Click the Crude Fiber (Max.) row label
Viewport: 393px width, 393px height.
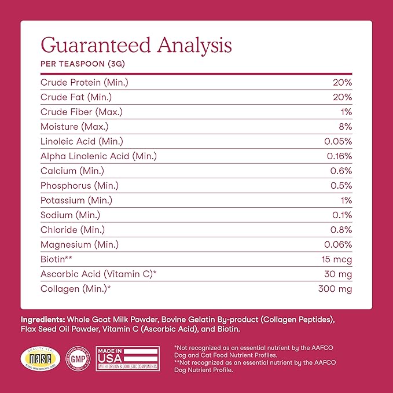[x=81, y=112]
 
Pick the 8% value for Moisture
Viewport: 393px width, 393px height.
[x=346, y=127]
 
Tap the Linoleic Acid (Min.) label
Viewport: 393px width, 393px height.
[x=82, y=141]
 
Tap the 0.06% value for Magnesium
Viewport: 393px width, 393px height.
[x=339, y=245]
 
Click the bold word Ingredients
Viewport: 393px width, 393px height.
[x=43, y=319]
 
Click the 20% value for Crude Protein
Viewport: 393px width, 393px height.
[x=342, y=82]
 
